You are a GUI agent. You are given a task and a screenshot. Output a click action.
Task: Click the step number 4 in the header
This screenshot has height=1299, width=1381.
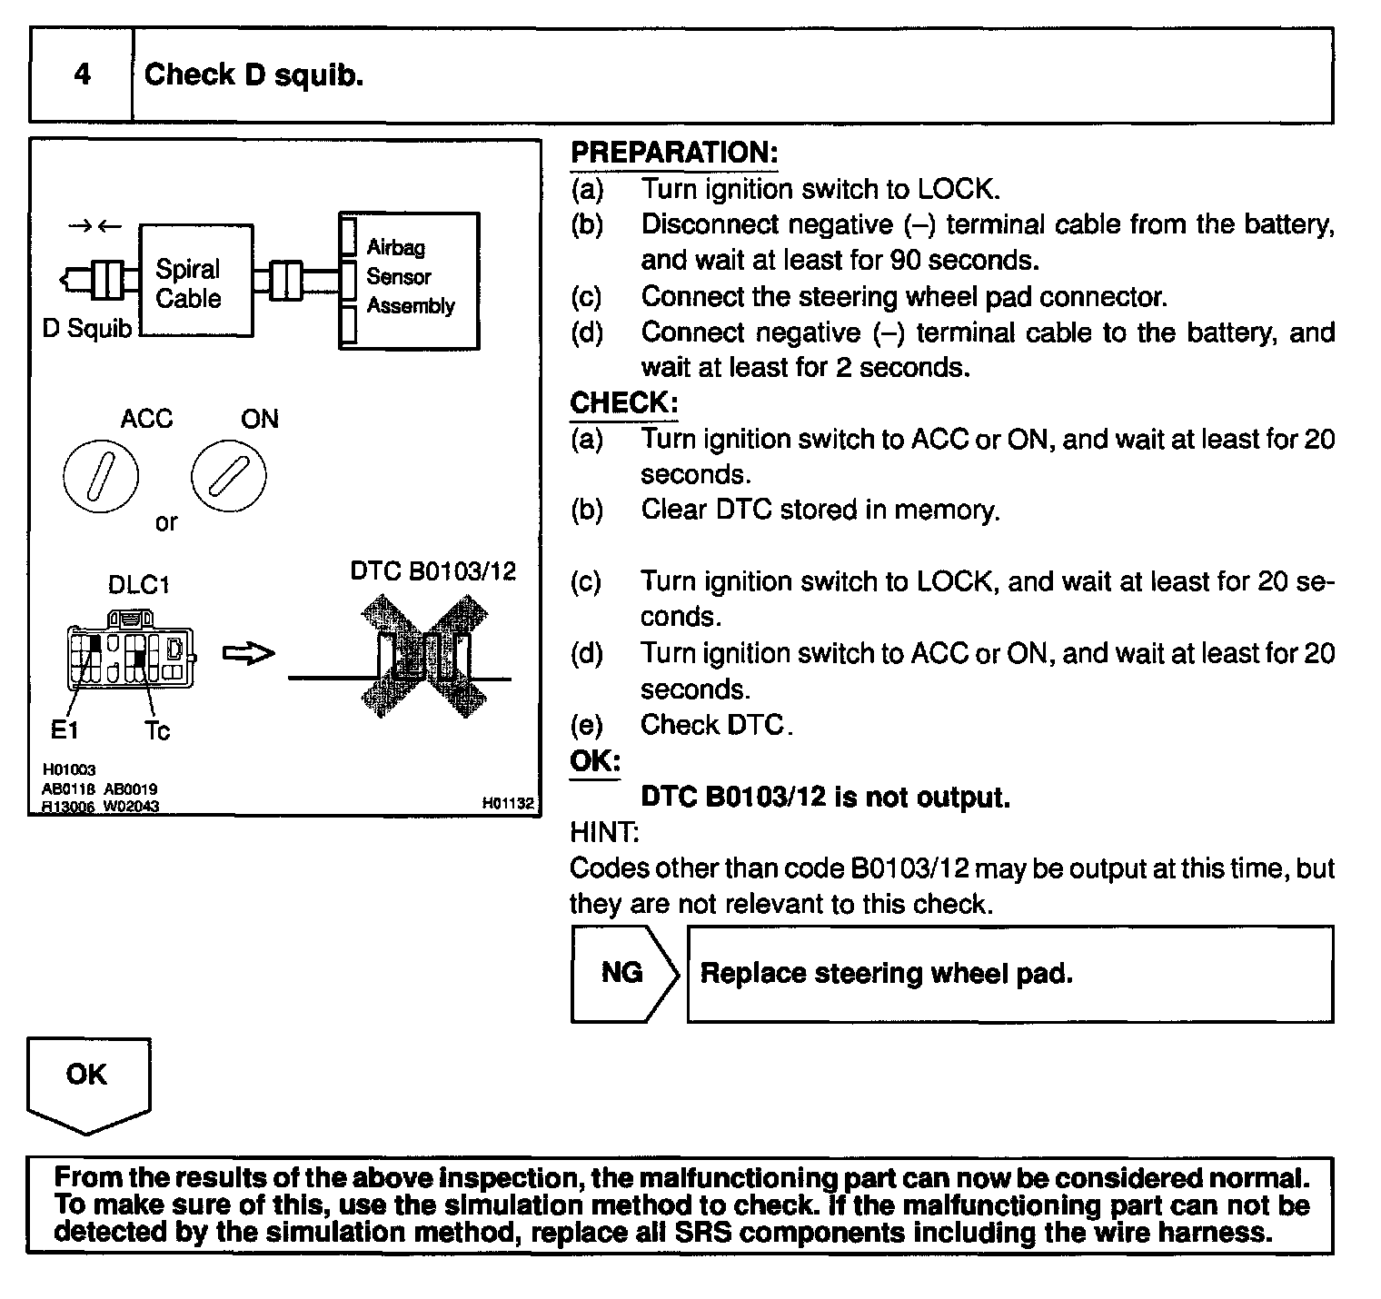[82, 74]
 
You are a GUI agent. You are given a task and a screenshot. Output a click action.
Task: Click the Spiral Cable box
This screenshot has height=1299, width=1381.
[195, 282]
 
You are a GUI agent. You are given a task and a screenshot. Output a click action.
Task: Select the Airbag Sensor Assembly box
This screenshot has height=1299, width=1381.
[410, 281]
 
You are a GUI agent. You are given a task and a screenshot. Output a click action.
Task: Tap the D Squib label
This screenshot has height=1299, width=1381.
[87, 329]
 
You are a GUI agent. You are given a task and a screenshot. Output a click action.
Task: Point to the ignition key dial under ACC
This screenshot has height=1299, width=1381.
[101, 476]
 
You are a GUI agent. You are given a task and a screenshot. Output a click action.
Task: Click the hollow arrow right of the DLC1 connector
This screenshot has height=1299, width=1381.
[248, 654]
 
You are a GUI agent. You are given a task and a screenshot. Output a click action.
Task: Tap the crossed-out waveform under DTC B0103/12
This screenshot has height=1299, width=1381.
[423, 657]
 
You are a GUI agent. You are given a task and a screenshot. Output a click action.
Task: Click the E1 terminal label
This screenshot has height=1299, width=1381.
[65, 729]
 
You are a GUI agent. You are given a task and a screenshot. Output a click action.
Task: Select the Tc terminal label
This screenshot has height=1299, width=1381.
[157, 730]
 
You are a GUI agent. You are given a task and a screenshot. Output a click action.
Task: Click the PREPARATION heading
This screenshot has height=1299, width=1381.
[674, 153]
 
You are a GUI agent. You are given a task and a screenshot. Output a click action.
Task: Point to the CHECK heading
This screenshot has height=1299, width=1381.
[623, 402]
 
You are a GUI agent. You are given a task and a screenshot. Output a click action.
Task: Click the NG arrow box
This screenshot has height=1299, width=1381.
[623, 974]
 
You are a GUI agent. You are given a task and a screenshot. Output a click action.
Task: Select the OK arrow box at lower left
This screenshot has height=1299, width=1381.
[87, 1083]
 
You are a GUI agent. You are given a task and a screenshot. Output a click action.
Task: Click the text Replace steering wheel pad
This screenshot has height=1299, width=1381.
[886, 974]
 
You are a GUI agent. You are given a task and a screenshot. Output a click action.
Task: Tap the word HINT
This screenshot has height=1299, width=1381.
[603, 832]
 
